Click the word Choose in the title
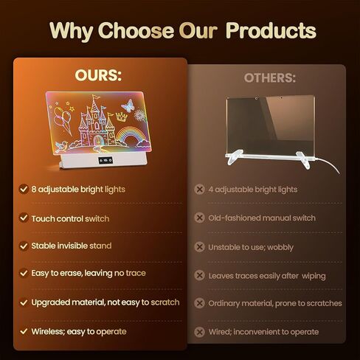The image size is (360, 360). [136, 30]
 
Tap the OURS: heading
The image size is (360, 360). [98, 75]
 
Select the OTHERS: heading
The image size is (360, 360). [270, 78]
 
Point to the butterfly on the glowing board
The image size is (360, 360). [128, 105]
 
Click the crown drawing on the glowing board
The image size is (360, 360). [121, 116]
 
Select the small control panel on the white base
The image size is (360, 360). [105, 161]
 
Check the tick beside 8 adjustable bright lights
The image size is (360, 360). [24, 189]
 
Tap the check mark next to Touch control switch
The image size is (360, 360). [24, 218]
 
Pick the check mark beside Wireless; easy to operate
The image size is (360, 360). [24, 331]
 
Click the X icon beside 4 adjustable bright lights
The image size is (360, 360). [199, 190]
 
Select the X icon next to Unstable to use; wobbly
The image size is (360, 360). [199, 247]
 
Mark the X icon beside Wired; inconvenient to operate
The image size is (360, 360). [199, 332]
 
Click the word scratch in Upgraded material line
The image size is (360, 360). [165, 302]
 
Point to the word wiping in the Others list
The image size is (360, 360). [314, 276]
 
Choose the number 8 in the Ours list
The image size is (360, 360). [34, 190]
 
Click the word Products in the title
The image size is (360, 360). [271, 30]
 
